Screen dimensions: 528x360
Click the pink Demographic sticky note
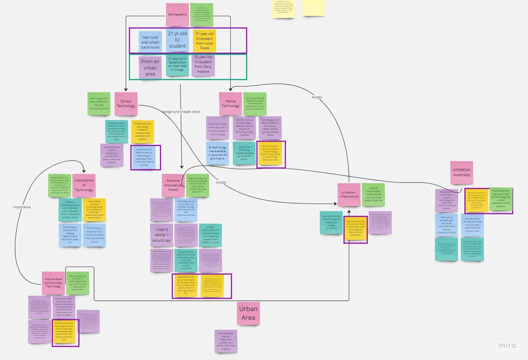(177, 14)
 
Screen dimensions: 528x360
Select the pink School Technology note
(126, 104)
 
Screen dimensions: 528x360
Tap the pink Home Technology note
(230, 104)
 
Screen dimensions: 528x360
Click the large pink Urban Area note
(248, 313)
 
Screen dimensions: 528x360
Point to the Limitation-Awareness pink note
(461, 172)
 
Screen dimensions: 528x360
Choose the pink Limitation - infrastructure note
(349, 195)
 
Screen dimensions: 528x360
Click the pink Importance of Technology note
(84, 185)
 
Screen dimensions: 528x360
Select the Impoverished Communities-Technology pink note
(53, 283)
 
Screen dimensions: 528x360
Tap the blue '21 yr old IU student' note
(177, 40)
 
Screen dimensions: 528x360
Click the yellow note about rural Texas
(204, 41)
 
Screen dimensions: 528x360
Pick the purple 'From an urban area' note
(150, 68)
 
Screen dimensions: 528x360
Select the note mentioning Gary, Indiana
(203, 65)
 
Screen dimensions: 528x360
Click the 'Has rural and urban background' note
(150, 42)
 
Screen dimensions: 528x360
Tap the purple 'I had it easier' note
(161, 235)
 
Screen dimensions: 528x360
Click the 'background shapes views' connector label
(181, 112)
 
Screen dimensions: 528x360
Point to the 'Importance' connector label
(22, 207)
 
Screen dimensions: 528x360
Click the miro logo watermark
(507, 345)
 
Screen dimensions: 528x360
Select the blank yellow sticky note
(313, 7)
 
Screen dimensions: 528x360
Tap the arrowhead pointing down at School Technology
(126, 90)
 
